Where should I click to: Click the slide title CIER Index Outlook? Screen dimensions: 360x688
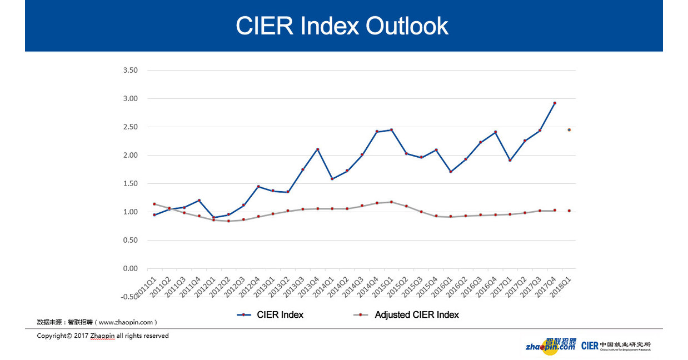[x=342, y=26]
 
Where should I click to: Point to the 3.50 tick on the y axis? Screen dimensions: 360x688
[x=129, y=71]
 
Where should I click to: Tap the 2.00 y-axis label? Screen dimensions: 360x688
[x=129, y=156]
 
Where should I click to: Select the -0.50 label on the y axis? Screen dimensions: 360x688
[x=129, y=297]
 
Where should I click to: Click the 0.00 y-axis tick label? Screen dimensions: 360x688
[x=129, y=269]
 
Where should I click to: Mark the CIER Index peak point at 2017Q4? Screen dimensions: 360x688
[x=555, y=103]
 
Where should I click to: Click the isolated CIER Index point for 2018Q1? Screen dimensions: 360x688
[x=569, y=130]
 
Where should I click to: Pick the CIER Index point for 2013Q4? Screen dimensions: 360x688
[x=317, y=149]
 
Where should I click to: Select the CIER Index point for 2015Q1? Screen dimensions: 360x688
[x=391, y=130]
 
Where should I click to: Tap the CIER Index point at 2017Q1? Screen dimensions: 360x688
[x=510, y=160]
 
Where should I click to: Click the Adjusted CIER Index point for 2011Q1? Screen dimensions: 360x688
[x=154, y=204]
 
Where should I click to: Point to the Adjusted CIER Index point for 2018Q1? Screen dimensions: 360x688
[x=569, y=211]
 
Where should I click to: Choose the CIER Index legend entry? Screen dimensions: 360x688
[x=271, y=315]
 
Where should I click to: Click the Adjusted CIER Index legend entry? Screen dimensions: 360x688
[x=406, y=315]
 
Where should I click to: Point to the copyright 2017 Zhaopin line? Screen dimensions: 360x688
[x=103, y=336]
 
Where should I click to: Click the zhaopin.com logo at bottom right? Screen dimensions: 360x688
[x=551, y=345]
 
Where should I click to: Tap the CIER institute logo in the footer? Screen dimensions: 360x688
[x=615, y=346]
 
